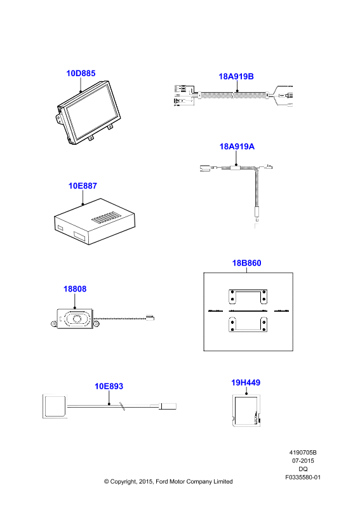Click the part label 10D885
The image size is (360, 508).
81,73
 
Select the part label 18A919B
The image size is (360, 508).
236,76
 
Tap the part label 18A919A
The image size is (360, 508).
237,147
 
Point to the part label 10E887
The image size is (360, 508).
83,185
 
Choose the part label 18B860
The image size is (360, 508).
246,263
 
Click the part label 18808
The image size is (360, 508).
75,289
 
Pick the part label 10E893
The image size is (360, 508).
109,386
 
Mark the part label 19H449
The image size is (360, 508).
246,383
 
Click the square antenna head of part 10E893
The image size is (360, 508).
55,406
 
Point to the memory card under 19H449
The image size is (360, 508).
246,410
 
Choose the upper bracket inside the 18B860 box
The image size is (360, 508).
248,297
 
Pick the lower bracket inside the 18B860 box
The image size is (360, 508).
248,324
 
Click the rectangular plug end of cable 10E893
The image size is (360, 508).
168,406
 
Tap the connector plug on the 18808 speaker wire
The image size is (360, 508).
150,317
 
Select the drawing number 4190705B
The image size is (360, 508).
303,453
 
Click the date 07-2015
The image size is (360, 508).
303,461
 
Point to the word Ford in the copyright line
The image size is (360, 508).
163,481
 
